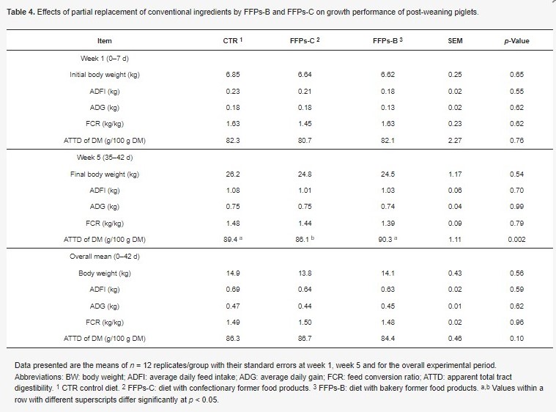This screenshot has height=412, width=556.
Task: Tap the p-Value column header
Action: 516,41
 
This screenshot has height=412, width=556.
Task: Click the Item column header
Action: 105,41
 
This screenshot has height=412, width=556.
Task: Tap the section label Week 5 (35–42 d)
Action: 105,158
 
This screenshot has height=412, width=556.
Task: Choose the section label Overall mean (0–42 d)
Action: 105,257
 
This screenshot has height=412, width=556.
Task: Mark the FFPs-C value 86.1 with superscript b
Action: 305,240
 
